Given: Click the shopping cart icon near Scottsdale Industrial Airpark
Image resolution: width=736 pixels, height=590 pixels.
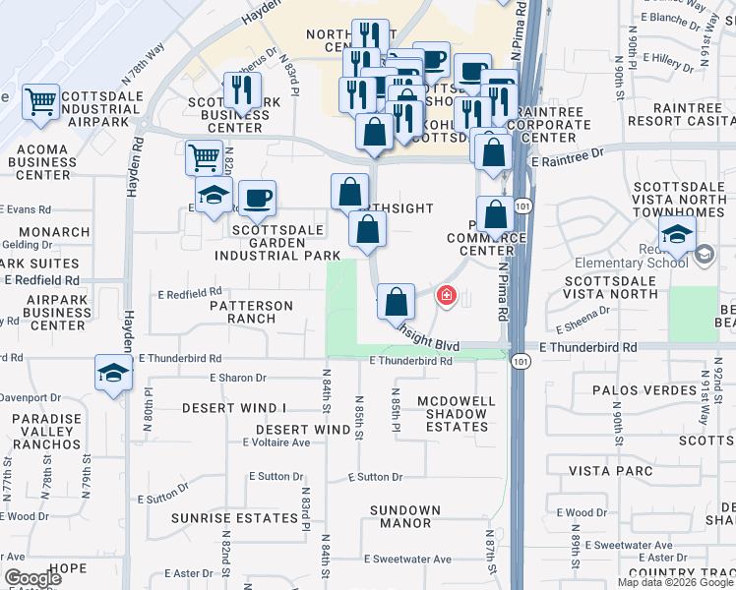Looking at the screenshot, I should (40, 100).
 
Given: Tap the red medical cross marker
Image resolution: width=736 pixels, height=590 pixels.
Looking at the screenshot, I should (446, 295).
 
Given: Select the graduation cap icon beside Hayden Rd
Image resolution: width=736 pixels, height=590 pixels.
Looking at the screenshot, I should (113, 374).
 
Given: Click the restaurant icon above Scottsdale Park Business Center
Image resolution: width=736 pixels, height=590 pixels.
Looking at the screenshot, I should (241, 90).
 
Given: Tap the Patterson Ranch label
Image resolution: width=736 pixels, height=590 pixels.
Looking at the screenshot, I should (251, 312).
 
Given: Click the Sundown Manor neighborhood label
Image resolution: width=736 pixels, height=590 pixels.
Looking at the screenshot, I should (404, 516).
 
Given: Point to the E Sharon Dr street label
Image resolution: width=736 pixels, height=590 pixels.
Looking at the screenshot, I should (238, 378).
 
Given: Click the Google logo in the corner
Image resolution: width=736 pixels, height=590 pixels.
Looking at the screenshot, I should (33, 578).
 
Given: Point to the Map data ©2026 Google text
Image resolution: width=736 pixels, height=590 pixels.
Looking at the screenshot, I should (674, 582).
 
